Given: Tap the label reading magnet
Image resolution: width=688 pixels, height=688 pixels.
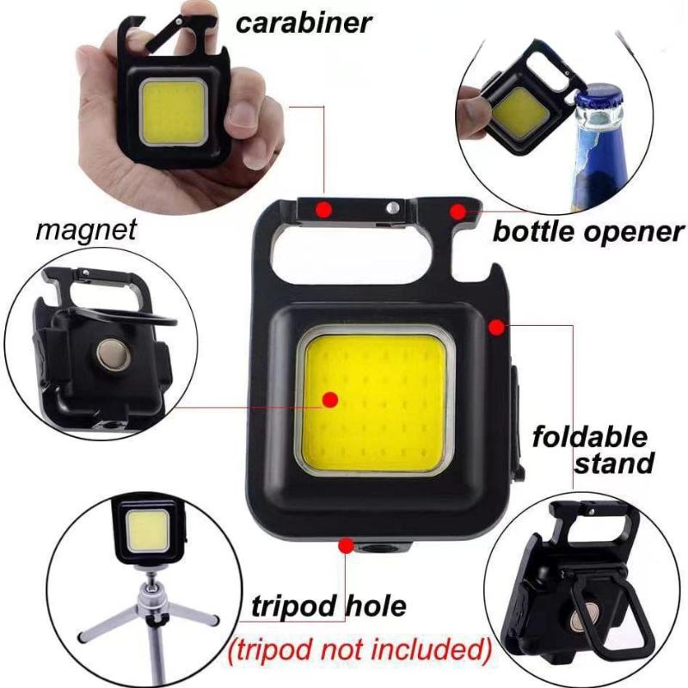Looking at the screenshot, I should [87, 230].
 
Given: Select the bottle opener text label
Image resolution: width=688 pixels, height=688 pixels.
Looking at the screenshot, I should [587, 231].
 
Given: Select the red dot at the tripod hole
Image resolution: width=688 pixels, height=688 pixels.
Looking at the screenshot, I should [346, 545].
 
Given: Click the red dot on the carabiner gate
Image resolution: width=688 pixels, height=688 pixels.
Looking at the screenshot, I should [322, 208].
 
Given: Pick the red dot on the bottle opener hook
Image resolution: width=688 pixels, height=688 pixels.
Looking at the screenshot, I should [458, 211].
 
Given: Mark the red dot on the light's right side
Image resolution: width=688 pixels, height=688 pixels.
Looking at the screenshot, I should [496, 325].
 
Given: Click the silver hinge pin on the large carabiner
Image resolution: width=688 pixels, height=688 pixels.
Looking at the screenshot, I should [392, 206].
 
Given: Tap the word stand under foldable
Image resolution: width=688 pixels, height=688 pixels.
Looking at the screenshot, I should [612, 464].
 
